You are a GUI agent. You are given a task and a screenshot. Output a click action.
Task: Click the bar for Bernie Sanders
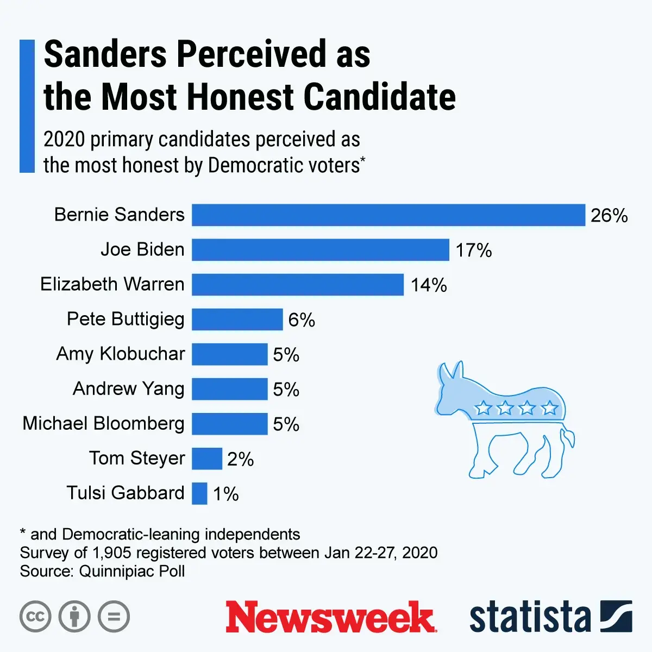pyautogui.click(x=388, y=215)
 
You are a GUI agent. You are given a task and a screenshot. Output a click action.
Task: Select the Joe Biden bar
pyautogui.click(x=321, y=250)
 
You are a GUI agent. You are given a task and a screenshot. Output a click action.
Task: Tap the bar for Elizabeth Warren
pyautogui.click(x=298, y=285)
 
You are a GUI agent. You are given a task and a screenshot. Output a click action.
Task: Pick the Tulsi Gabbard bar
pyautogui.click(x=199, y=493)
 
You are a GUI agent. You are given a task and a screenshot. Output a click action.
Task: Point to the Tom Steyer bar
pyautogui.click(x=207, y=459)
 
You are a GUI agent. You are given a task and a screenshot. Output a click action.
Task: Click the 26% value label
pyautogui.click(x=609, y=216)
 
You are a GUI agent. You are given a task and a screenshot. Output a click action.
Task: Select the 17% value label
pyautogui.click(x=474, y=250)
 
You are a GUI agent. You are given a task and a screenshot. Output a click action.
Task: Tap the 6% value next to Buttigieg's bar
pyautogui.click(x=302, y=320)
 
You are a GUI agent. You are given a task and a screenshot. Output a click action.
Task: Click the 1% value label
pyautogui.click(x=226, y=494)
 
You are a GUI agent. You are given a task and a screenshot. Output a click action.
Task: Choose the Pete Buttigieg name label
pyautogui.click(x=126, y=319)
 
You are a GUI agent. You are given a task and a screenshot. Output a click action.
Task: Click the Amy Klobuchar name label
pyautogui.click(x=121, y=354)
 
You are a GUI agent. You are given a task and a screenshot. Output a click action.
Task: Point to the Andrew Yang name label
pyautogui.click(x=129, y=388)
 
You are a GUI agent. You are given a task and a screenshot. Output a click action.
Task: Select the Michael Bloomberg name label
pyautogui.click(x=103, y=423)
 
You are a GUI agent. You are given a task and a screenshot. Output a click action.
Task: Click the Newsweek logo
pyautogui.click(x=330, y=617)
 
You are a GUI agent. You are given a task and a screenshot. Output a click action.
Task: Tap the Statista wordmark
pyautogui.click(x=530, y=617)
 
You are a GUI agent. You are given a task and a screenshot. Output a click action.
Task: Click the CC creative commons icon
pyautogui.click(x=35, y=617)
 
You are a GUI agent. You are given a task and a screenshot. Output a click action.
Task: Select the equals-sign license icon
pyautogui.click(x=114, y=617)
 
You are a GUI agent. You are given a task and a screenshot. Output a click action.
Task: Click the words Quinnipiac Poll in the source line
pyautogui.click(x=132, y=571)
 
